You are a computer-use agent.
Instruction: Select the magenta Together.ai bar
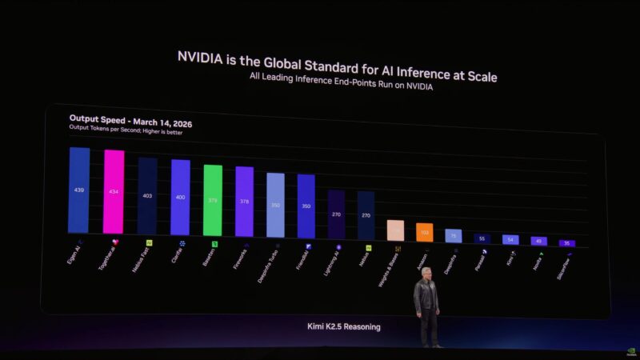tap(114, 192)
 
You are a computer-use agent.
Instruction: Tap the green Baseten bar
tap(213, 200)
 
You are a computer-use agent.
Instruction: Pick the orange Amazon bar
tap(424, 232)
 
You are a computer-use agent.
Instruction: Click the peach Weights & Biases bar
tap(395, 230)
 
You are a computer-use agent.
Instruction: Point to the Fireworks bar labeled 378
tap(244, 202)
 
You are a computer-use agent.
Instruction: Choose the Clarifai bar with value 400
tap(180, 197)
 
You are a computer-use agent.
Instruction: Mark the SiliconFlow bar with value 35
tap(566, 243)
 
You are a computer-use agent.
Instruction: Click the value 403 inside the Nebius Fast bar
tap(147, 195)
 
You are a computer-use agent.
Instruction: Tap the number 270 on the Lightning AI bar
tap(336, 214)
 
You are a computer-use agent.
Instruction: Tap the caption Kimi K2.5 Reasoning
tap(344, 326)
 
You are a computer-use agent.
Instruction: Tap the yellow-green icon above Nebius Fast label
tap(149, 242)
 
